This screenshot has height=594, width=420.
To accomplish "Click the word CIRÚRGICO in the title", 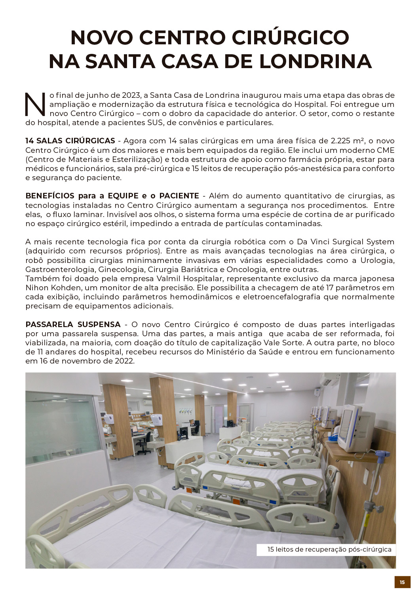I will tap(290, 37).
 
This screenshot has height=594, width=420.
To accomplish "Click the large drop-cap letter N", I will tap(36, 105).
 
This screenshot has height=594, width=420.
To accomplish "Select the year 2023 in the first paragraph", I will tap(131, 95).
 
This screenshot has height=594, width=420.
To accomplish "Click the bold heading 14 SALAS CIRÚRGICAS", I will tap(70, 141).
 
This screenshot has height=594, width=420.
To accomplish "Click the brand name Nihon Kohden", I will tap(48, 288).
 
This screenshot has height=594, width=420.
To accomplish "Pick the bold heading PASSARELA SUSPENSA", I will tap(73, 325).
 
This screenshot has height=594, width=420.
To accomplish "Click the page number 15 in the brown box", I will tap(402, 582).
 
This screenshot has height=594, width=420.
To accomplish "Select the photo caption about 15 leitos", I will tap(329, 550).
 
